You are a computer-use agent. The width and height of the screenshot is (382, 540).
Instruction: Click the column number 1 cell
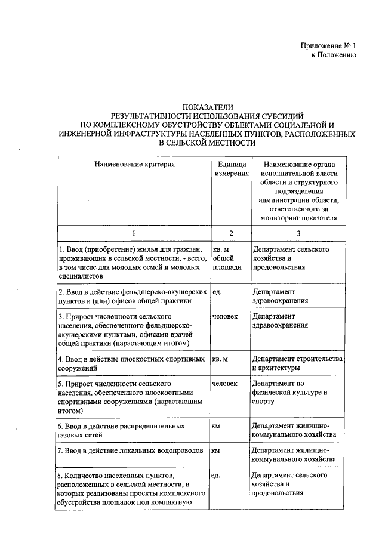(134, 233)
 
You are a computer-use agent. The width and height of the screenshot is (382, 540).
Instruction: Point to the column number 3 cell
(298, 233)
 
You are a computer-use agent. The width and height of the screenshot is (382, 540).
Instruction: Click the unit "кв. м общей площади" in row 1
(227, 258)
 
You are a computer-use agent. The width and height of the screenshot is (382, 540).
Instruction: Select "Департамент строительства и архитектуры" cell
(297, 363)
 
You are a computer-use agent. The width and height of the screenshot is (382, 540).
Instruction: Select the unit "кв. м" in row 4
(220, 359)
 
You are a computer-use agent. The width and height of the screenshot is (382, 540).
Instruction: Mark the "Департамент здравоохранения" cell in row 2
(280, 297)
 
